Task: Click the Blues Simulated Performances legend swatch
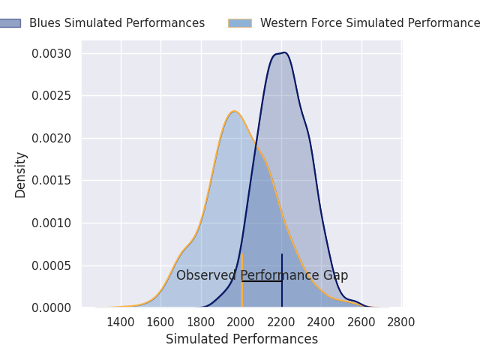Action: (x=10, y=23)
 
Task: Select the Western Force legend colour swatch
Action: (x=240, y=23)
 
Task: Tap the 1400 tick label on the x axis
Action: (x=121, y=322)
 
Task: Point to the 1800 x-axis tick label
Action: (x=201, y=322)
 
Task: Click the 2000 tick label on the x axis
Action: (x=241, y=322)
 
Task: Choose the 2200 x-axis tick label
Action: (x=281, y=322)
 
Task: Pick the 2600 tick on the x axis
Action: (x=361, y=322)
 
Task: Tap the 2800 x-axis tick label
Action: (x=401, y=322)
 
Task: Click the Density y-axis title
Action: (x=21, y=174)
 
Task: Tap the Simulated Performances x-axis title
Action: (x=241, y=340)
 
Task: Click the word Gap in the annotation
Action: (x=335, y=276)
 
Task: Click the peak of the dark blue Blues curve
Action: (x=283, y=52)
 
